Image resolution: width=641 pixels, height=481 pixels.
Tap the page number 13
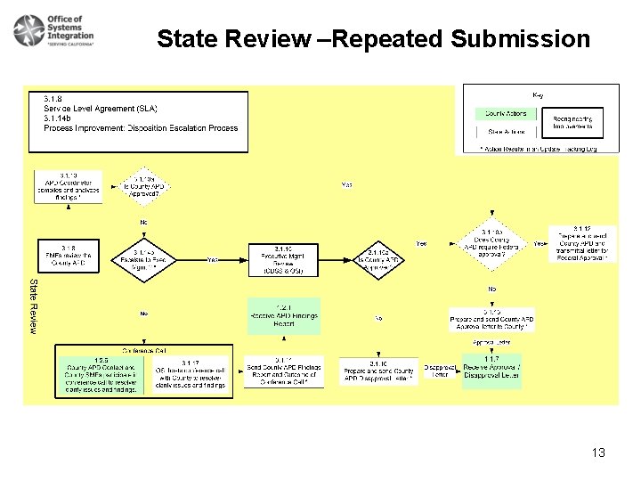[598, 452]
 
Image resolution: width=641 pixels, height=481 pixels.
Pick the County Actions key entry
[507, 114]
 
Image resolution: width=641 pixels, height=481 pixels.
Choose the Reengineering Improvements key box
[572, 123]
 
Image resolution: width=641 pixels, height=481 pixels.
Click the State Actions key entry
[507, 131]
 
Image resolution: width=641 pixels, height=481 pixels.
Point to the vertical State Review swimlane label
[34, 306]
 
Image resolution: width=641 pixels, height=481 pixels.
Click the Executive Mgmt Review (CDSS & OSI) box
[284, 259]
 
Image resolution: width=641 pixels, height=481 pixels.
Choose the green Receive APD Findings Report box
[284, 316]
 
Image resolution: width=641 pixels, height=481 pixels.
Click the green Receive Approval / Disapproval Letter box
[491, 369]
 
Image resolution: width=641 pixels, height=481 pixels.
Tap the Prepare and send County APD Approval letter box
[491, 320]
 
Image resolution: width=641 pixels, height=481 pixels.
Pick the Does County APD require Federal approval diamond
[491, 244]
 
